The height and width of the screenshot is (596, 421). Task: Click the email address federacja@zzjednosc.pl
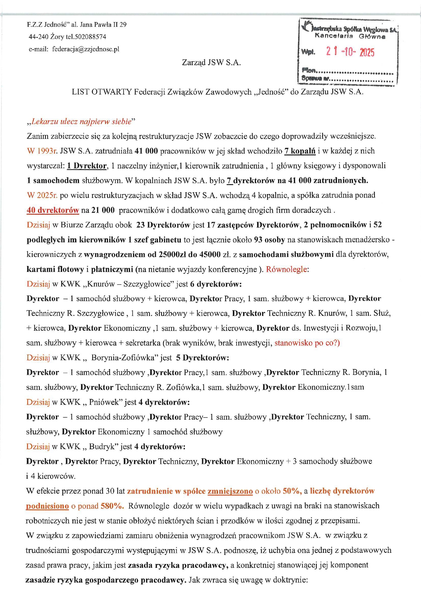click(x=86, y=49)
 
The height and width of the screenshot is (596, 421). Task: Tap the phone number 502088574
click(x=90, y=37)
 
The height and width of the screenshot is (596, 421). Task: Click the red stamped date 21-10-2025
click(x=350, y=52)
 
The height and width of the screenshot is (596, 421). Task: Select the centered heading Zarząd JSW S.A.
click(x=211, y=63)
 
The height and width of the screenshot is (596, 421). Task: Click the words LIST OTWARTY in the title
click(x=102, y=92)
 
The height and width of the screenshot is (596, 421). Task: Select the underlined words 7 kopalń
click(x=300, y=151)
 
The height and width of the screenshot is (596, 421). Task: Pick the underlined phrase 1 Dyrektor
click(x=87, y=166)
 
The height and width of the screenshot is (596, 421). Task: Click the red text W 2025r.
click(x=42, y=195)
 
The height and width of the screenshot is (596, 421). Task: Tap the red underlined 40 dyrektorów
click(x=53, y=210)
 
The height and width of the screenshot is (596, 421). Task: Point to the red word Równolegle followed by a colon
click(x=287, y=269)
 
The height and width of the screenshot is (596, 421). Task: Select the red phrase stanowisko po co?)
click(x=307, y=343)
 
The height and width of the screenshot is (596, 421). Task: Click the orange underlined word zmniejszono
click(x=230, y=491)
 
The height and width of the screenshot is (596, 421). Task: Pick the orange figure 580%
click(x=112, y=506)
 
